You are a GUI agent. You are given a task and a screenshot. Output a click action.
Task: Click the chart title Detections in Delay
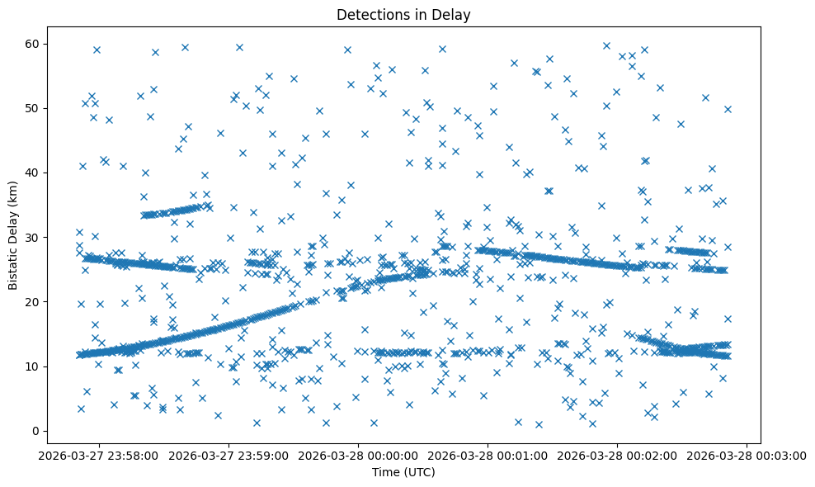click(403, 14)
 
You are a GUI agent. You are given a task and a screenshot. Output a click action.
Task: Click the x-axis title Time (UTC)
click(403, 472)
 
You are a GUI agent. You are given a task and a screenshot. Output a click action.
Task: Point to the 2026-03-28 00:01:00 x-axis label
click(487, 455)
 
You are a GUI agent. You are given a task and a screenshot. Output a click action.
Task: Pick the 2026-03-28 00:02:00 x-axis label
click(616, 455)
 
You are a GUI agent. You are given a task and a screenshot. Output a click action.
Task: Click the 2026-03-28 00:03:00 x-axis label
click(746, 455)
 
